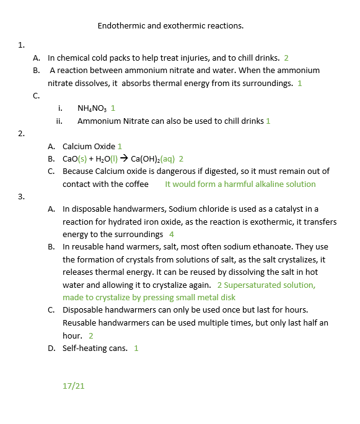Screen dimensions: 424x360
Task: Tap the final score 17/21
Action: (x=73, y=385)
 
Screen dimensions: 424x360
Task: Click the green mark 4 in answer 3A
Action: (x=172, y=235)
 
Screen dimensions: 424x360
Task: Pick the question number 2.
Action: (x=21, y=133)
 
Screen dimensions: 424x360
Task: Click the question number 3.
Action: (x=21, y=196)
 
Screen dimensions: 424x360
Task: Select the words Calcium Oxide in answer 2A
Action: (x=89, y=146)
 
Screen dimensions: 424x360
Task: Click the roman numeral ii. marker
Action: (x=59, y=121)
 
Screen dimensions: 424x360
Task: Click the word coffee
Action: (x=137, y=184)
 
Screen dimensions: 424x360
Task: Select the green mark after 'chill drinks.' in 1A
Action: (x=286, y=58)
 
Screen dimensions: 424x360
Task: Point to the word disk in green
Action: (x=228, y=297)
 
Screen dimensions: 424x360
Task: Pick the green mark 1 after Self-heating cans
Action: (x=136, y=348)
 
